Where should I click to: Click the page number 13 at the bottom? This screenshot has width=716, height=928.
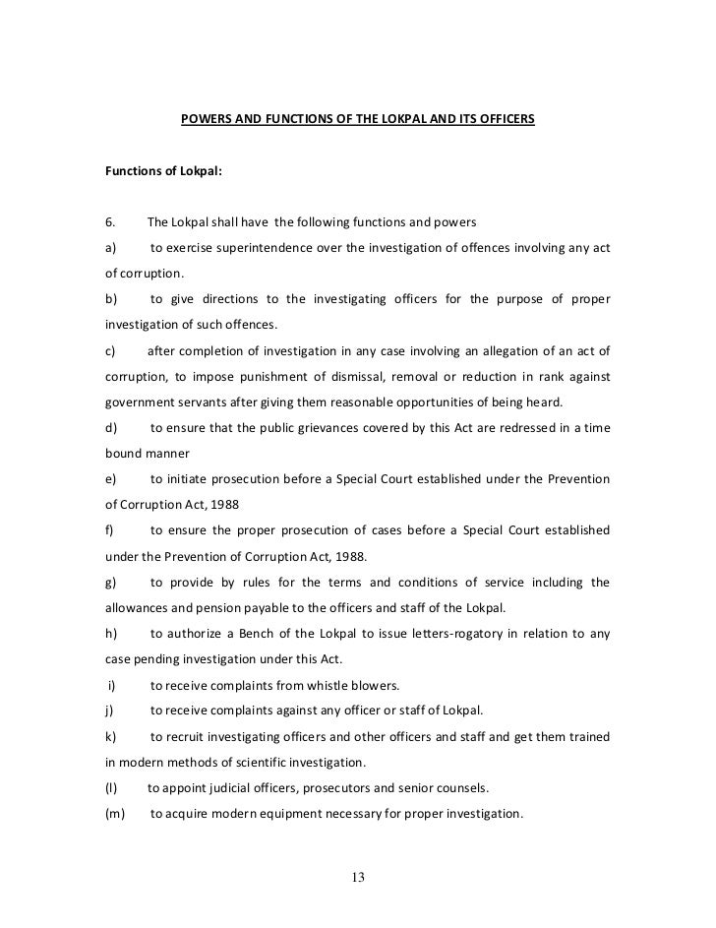pyautogui.click(x=358, y=879)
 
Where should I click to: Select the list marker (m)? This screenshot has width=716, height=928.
pyautogui.click(x=114, y=815)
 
